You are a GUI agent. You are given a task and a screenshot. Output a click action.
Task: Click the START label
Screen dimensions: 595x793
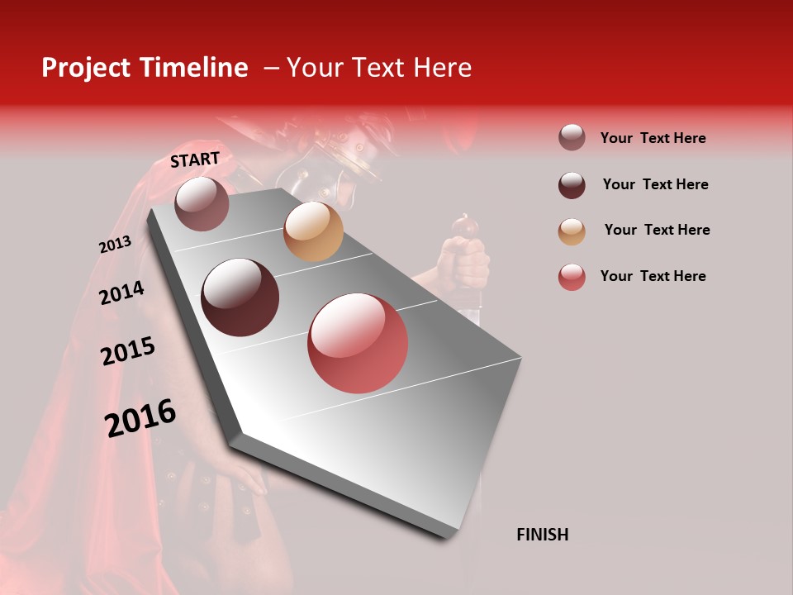(195, 159)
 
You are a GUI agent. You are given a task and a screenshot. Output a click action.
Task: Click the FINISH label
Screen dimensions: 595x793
(543, 535)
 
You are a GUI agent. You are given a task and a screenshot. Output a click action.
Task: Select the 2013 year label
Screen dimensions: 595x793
(115, 245)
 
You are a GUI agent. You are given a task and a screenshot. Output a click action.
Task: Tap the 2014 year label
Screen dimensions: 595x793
(121, 293)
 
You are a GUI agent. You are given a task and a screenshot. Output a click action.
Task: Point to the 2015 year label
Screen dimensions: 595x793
(128, 351)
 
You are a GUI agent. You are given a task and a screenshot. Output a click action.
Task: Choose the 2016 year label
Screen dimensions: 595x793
(140, 418)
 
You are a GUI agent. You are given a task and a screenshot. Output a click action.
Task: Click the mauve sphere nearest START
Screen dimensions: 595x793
(202, 203)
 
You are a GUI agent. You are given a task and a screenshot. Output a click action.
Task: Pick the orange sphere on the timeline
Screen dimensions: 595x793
(313, 231)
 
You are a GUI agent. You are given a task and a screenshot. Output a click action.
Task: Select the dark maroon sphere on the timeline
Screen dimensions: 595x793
(240, 297)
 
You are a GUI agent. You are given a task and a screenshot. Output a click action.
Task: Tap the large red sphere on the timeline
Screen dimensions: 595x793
(358, 343)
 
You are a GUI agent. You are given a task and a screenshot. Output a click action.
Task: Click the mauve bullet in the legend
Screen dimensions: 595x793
(572, 138)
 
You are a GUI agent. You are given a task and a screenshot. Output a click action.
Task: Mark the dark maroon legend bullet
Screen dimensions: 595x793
(572, 185)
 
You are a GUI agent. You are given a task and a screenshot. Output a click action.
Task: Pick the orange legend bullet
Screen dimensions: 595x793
(572, 231)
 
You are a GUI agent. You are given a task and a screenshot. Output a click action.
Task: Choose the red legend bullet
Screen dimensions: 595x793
(572, 277)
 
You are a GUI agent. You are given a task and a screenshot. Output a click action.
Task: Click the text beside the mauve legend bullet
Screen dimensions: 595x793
(653, 138)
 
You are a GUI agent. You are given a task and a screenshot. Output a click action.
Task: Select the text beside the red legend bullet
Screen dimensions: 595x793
(653, 276)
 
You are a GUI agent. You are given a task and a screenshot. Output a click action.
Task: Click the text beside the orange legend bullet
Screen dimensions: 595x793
(657, 230)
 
